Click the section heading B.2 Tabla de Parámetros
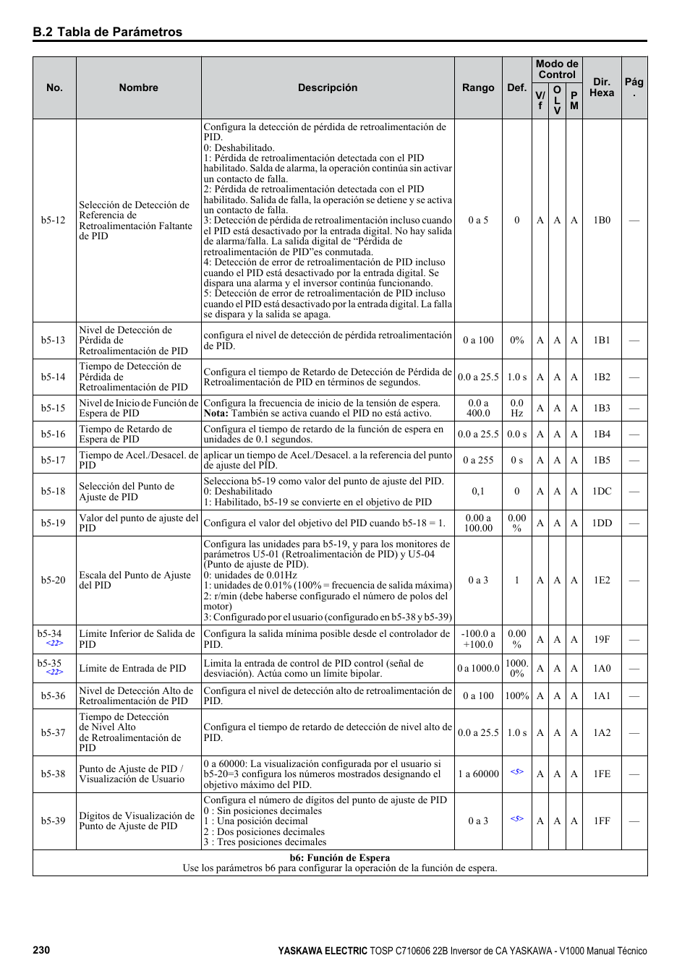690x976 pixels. (x=107, y=32)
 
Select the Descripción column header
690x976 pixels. (x=328, y=87)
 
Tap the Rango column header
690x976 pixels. (x=478, y=87)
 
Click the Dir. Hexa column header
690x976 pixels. (x=602, y=87)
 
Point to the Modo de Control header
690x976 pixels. (x=557, y=69)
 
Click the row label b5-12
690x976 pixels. (x=54, y=220)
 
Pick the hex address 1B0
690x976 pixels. (x=602, y=220)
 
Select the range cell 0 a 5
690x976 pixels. (x=478, y=220)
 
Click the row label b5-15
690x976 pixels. (x=54, y=408)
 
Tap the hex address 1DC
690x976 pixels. (x=602, y=491)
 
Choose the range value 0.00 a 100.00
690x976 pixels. (x=478, y=523)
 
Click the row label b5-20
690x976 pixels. (x=54, y=580)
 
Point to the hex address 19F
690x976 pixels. (x=602, y=639)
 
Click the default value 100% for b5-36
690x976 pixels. (x=517, y=695)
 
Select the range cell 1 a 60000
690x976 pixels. (x=478, y=774)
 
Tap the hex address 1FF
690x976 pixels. (x=602, y=821)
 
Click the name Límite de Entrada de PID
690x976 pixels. (x=132, y=668)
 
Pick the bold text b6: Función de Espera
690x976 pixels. (x=340, y=857)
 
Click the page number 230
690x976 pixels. (x=41, y=950)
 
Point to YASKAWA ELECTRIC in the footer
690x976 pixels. (x=323, y=951)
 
